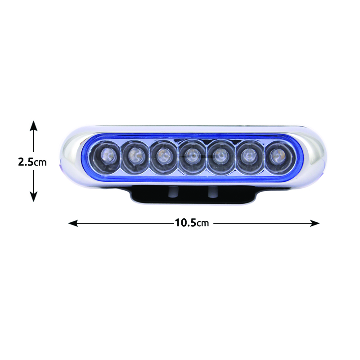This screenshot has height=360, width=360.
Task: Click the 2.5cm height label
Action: tap(32, 162)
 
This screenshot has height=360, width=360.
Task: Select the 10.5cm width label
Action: tap(192, 223)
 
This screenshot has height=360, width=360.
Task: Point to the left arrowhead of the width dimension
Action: tap(73, 223)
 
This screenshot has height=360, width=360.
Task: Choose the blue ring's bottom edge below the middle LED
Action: tap(193, 179)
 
